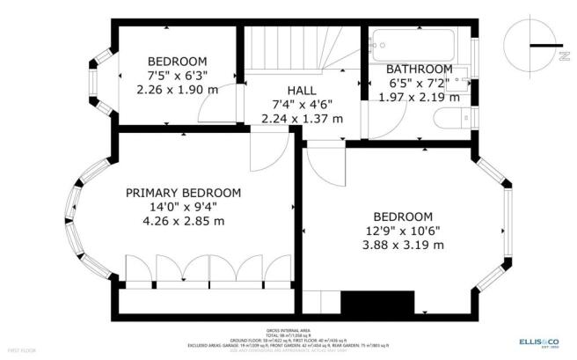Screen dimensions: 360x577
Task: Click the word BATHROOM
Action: pyautogui.click(x=420, y=69)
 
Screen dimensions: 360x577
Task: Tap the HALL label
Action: pyautogui.click(x=302, y=90)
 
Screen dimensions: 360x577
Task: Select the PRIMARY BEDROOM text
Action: pyautogui.click(x=183, y=193)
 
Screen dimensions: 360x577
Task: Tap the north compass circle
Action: pyautogui.click(x=534, y=43)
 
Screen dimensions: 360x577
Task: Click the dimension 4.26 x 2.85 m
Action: pyautogui.click(x=183, y=223)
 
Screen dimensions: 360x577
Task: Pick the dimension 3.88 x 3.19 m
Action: pyautogui.click(x=403, y=246)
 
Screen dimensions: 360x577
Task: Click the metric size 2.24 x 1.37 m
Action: pyautogui.click(x=302, y=120)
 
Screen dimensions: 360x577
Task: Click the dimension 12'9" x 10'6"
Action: pyautogui.click(x=403, y=231)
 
